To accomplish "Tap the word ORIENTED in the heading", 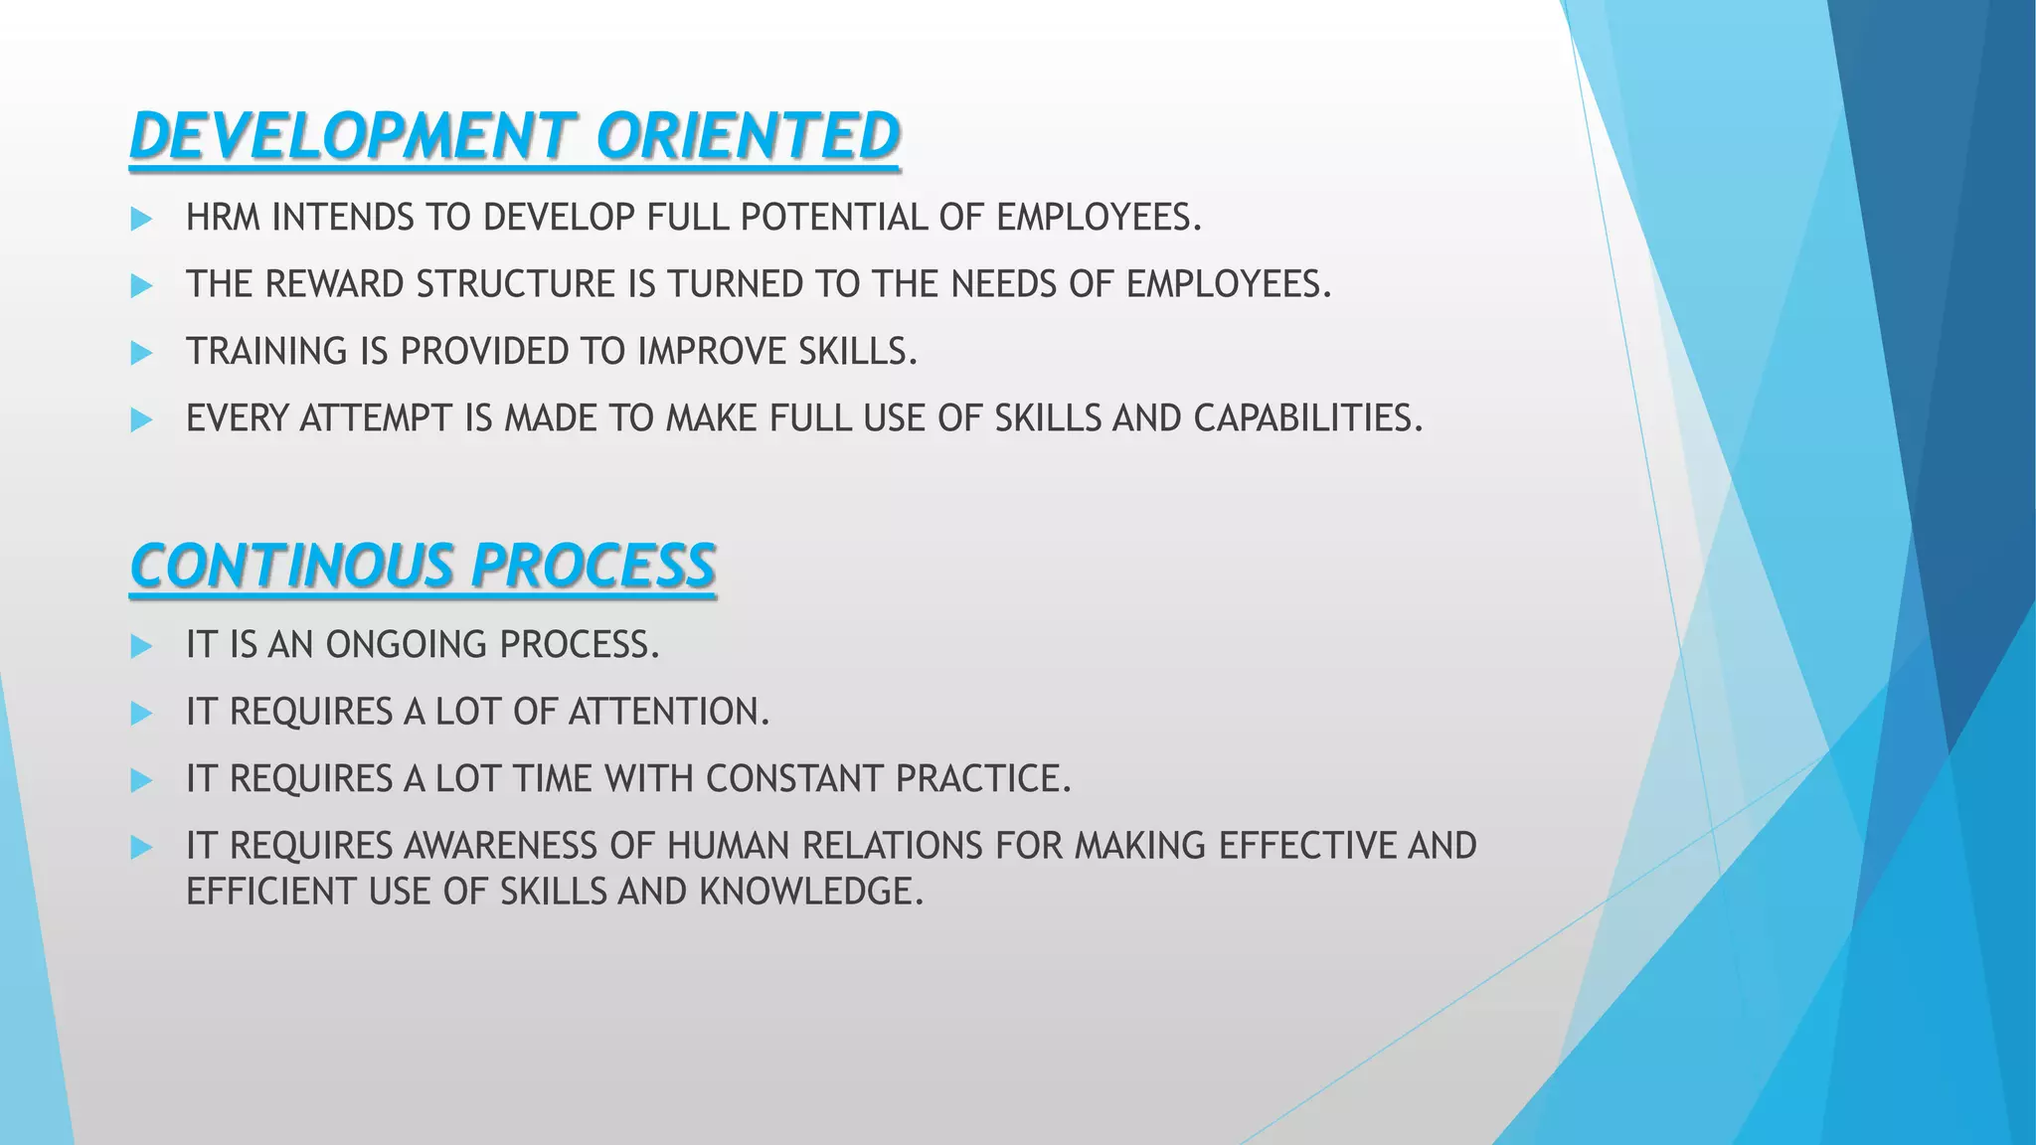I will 748,136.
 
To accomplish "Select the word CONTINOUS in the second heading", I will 290,567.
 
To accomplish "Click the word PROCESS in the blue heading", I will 593,567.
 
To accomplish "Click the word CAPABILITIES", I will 1307,418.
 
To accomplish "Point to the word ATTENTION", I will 668,712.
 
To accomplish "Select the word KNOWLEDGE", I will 811,892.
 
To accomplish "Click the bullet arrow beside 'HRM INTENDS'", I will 141,219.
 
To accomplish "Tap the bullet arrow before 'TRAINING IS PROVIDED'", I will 141,353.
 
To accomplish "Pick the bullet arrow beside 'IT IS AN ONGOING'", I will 141,646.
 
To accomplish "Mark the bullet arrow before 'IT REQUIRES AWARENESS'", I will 141,847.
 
